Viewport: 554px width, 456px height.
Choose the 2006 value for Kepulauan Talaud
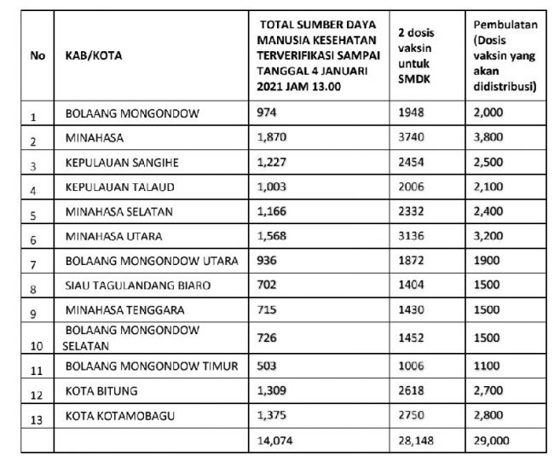[x=413, y=186]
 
